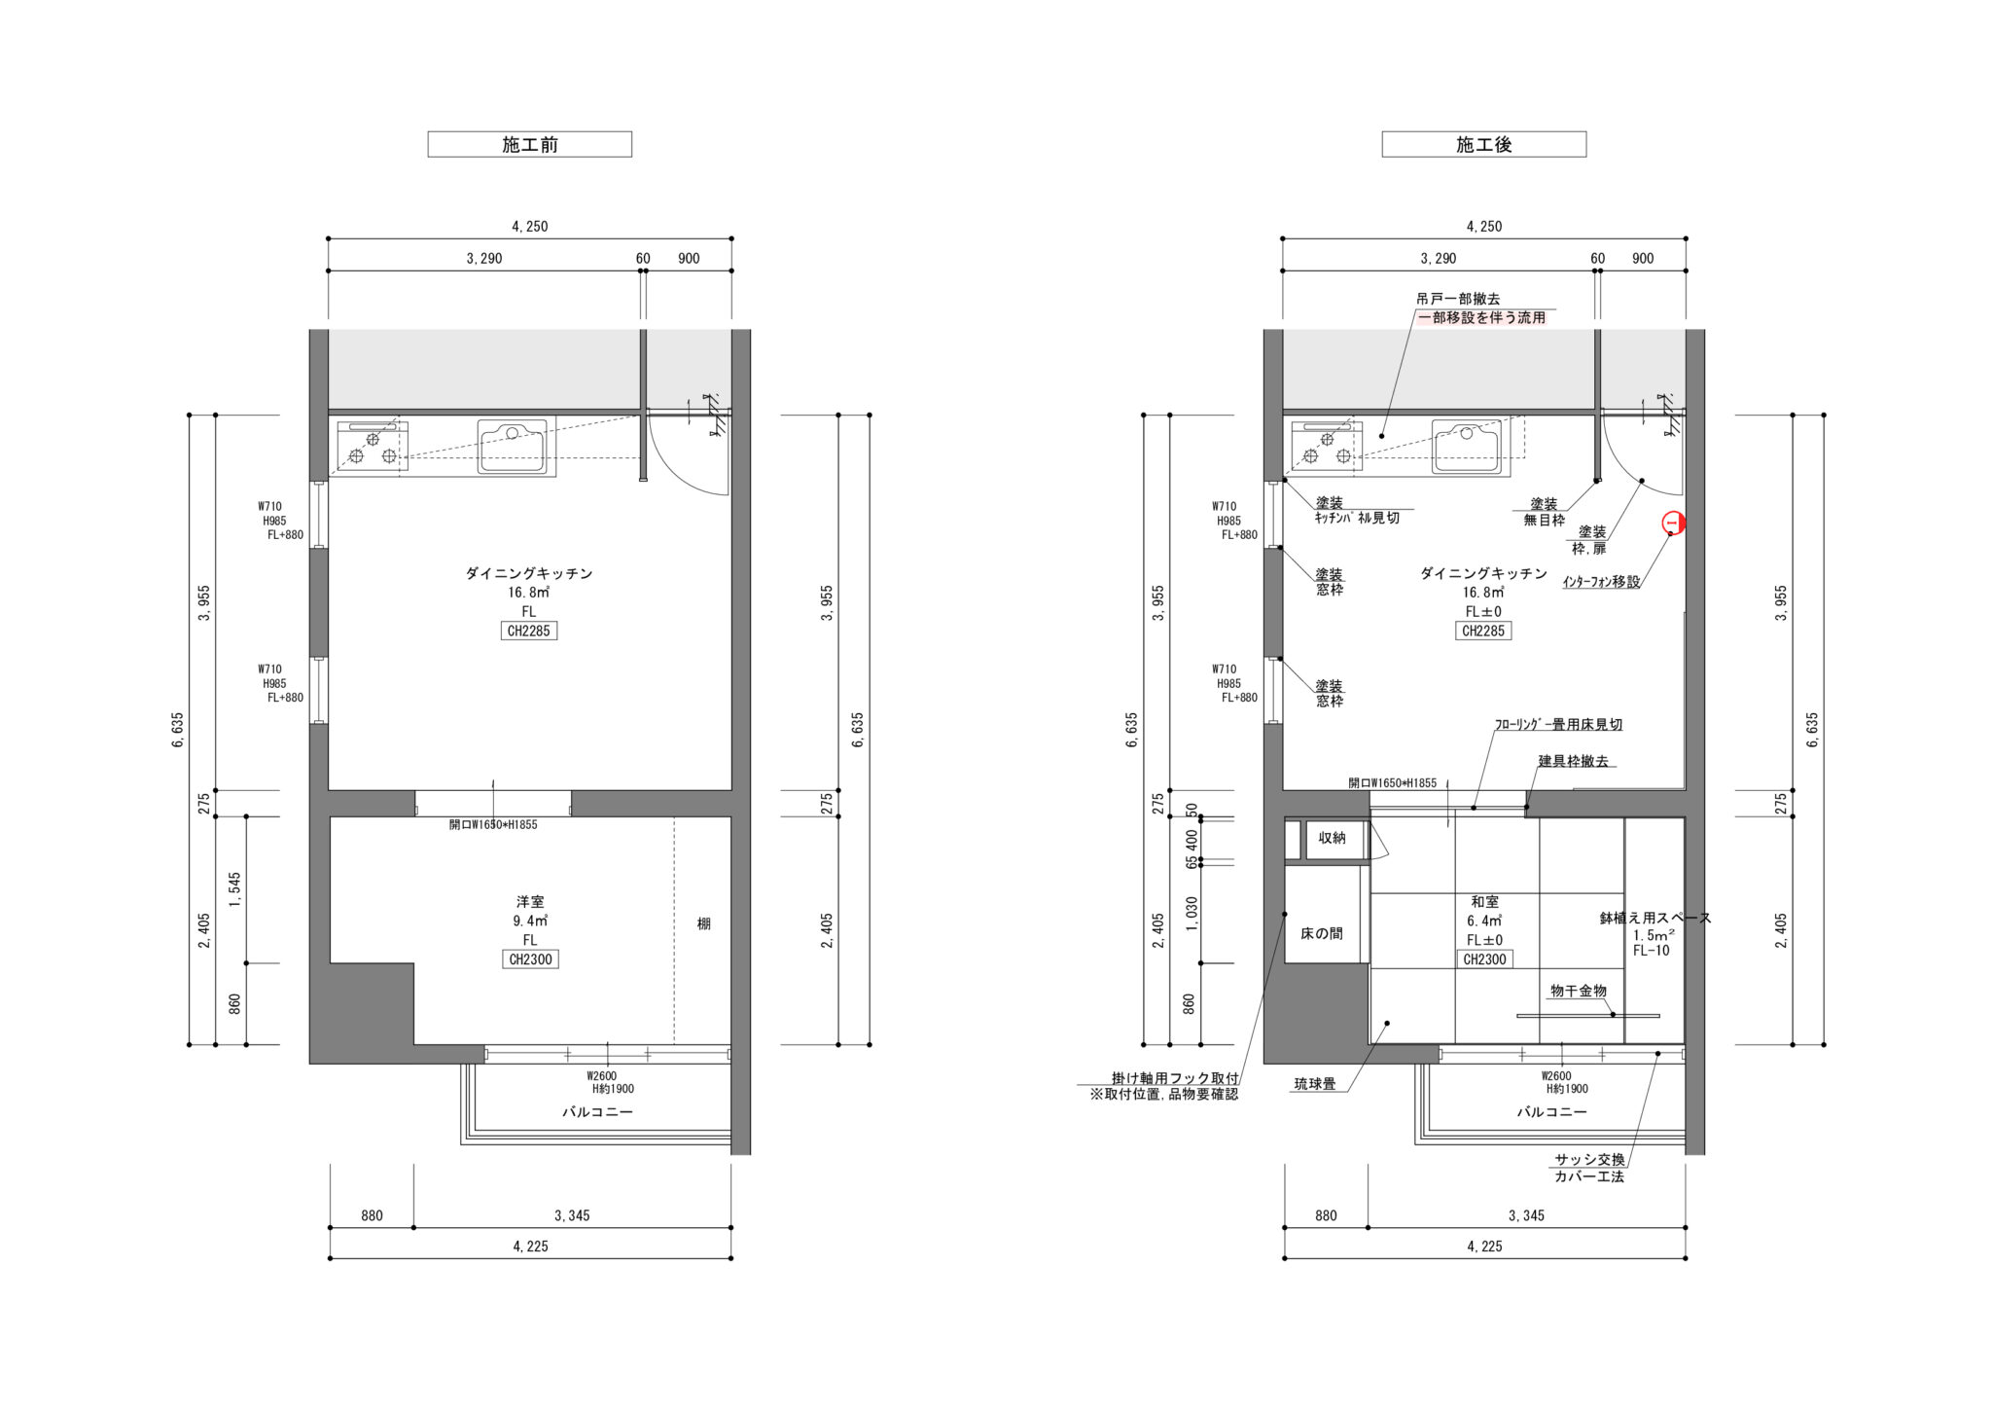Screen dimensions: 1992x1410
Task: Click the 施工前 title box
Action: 530,144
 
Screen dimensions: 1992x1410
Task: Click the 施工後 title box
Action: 1483,144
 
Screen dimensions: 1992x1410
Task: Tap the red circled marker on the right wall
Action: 1673,524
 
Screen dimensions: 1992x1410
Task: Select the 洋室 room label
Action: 530,902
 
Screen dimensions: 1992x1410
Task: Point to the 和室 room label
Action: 1484,902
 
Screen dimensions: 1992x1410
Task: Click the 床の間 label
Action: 1322,933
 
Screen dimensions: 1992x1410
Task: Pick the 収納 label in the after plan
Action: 1332,837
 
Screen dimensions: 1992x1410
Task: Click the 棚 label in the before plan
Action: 703,923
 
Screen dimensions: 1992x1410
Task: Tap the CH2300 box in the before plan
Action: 530,959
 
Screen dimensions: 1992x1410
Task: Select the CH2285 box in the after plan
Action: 1483,631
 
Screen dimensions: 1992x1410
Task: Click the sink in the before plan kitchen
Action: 516,447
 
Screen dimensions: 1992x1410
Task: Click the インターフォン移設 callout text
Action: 1601,582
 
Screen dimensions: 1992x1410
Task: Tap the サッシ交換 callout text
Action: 1588,1159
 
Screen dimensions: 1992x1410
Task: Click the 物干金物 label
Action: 1578,991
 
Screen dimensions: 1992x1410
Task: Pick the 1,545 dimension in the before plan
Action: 234,890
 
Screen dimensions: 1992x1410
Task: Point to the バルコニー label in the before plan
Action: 597,1111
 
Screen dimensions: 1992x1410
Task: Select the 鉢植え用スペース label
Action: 1655,918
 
